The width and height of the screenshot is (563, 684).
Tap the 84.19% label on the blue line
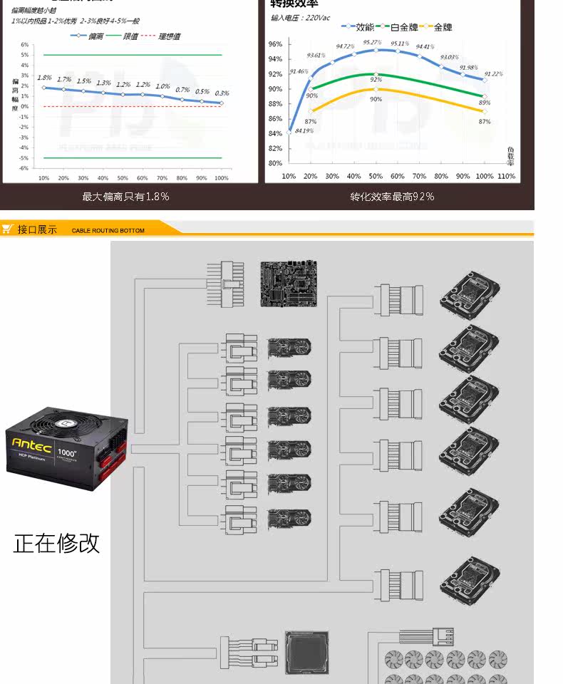coord(304,130)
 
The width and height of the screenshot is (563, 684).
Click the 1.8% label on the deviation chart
coord(44,78)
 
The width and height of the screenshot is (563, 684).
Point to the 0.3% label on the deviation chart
coord(222,93)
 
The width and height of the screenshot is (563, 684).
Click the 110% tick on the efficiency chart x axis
coord(506,176)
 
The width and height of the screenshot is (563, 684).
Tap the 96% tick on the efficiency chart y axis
coord(275,44)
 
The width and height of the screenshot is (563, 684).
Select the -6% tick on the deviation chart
coord(24,168)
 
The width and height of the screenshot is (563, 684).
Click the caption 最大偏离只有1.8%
coord(125,197)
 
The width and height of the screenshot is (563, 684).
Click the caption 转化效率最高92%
coord(392,197)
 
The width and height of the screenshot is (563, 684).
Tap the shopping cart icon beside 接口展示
coord(7,229)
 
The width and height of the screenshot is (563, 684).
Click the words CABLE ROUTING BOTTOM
coord(108,230)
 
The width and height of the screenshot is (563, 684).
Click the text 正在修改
coord(56,543)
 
